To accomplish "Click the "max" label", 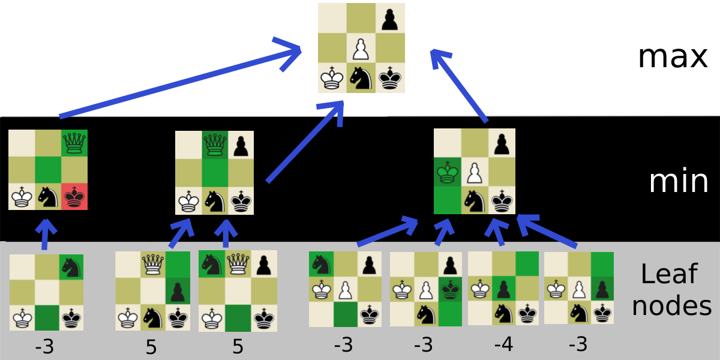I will [x=673, y=57].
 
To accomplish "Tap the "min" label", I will [x=679, y=181].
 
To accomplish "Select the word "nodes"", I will [x=672, y=305].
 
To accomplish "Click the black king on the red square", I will [x=74, y=197].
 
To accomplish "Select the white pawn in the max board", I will [x=361, y=49].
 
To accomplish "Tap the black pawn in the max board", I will [x=390, y=20].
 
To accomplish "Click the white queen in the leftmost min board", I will [x=74, y=143].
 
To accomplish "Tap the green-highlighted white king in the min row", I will [x=447, y=172].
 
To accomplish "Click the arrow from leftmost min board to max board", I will [x=180, y=81].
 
